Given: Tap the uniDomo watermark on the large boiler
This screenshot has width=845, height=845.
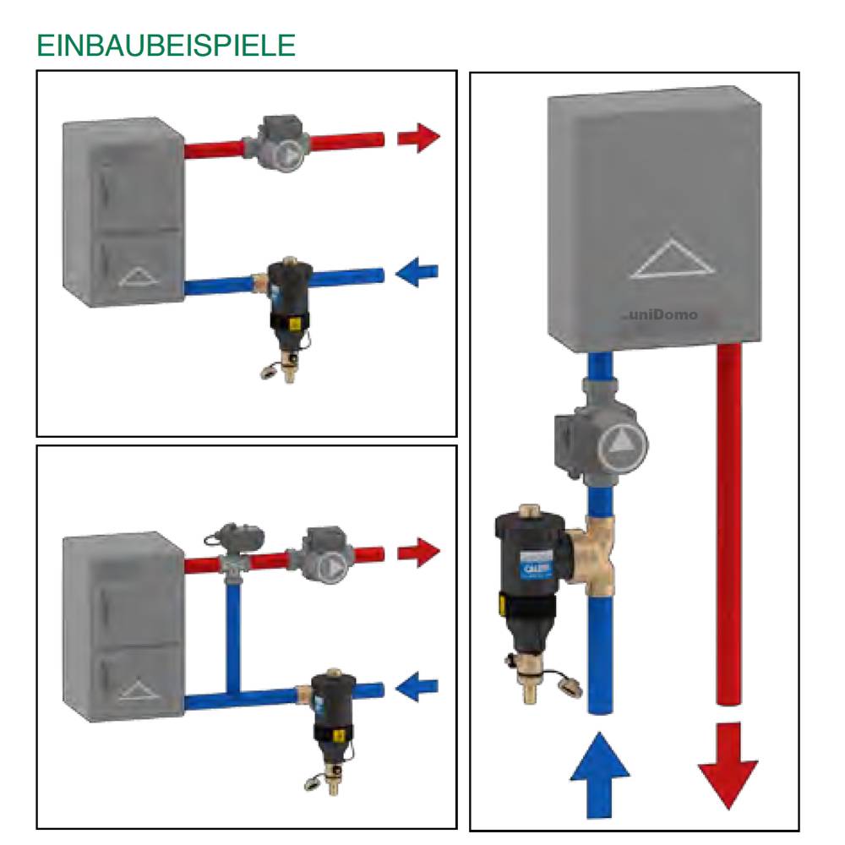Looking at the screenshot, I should pyautogui.click(x=665, y=314).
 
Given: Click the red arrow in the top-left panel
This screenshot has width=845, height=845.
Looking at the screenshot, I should pyautogui.click(x=418, y=137).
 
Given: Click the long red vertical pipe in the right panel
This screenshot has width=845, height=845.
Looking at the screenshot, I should pyautogui.click(x=728, y=524).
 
